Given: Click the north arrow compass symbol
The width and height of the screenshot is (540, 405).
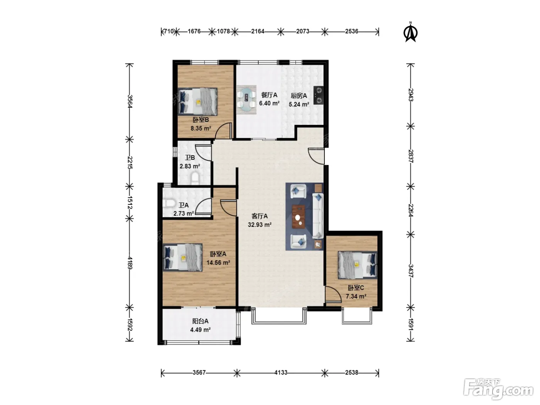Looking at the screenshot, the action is pyautogui.click(x=410, y=32).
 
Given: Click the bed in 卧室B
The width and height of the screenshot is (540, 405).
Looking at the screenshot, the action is pyautogui.click(x=197, y=101).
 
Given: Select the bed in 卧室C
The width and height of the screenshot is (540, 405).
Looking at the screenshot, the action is pyautogui.click(x=357, y=265).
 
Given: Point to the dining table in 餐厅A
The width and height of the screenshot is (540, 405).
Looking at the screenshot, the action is pyautogui.click(x=246, y=100).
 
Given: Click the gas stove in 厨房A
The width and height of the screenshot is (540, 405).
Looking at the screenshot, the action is pyautogui.click(x=319, y=96).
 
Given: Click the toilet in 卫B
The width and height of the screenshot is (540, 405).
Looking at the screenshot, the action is pyautogui.click(x=195, y=178).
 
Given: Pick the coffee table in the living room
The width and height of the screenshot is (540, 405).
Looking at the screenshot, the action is pyautogui.click(x=299, y=217).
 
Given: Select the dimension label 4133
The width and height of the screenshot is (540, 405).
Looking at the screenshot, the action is pyautogui.click(x=281, y=373).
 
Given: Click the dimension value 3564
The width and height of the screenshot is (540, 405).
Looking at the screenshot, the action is pyautogui.click(x=130, y=101).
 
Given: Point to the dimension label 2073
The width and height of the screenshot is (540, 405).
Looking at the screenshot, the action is pyautogui.click(x=303, y=32).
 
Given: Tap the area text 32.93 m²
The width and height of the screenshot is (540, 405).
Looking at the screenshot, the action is pyautogui.click(x=260, y=225).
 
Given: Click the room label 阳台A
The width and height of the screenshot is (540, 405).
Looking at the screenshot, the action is pyautogui.click(x=200, y=321).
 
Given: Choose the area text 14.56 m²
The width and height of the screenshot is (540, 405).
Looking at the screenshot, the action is pyautogui.click(x=218, y=263).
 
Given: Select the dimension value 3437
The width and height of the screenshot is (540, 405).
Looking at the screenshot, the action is pyautogui.click(x=410, y=271).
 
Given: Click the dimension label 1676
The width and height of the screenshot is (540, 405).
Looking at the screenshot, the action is pyautogui.click(x=194, y=32).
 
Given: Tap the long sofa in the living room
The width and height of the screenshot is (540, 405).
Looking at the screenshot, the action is pyautogui.click(x=318, y=216).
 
